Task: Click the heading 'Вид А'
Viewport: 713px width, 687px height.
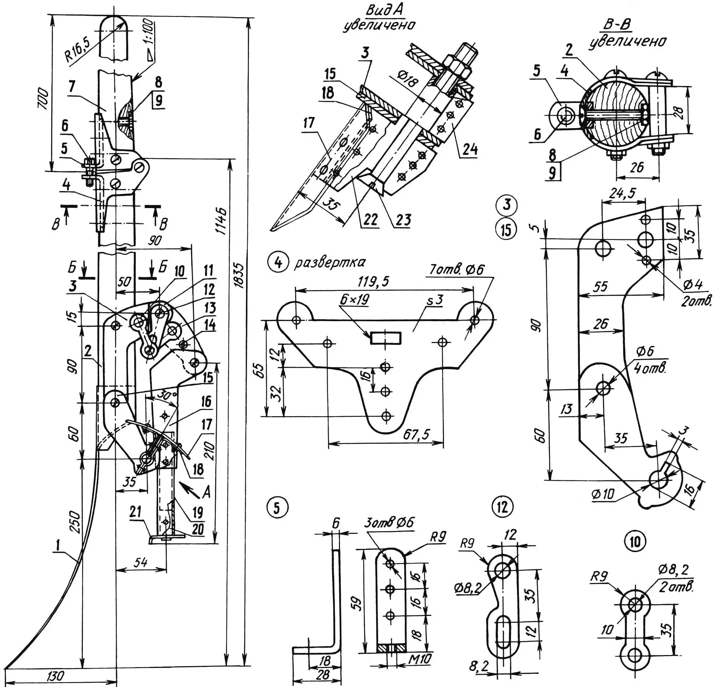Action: pos(379,11)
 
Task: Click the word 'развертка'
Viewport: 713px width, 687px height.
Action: pos(330,262)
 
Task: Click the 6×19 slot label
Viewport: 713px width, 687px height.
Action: pos(354,299)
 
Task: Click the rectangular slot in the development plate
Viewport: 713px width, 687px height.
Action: pos(386,338)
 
